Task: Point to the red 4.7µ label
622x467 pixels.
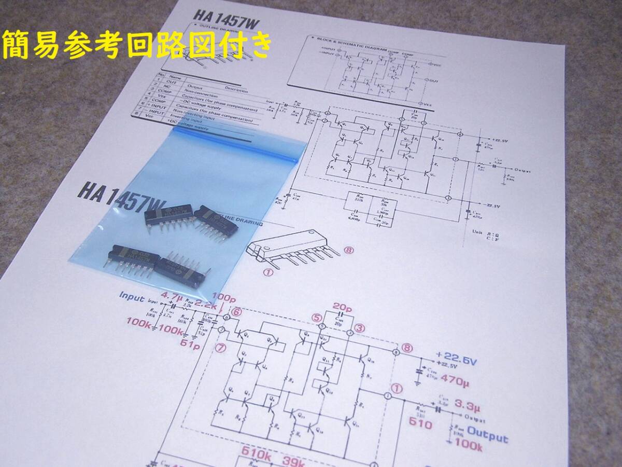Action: [172, 296]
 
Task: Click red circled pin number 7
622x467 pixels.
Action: [221, 348]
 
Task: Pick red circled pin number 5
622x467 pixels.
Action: [317, 317]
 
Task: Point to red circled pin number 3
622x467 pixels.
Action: [359, 327]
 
